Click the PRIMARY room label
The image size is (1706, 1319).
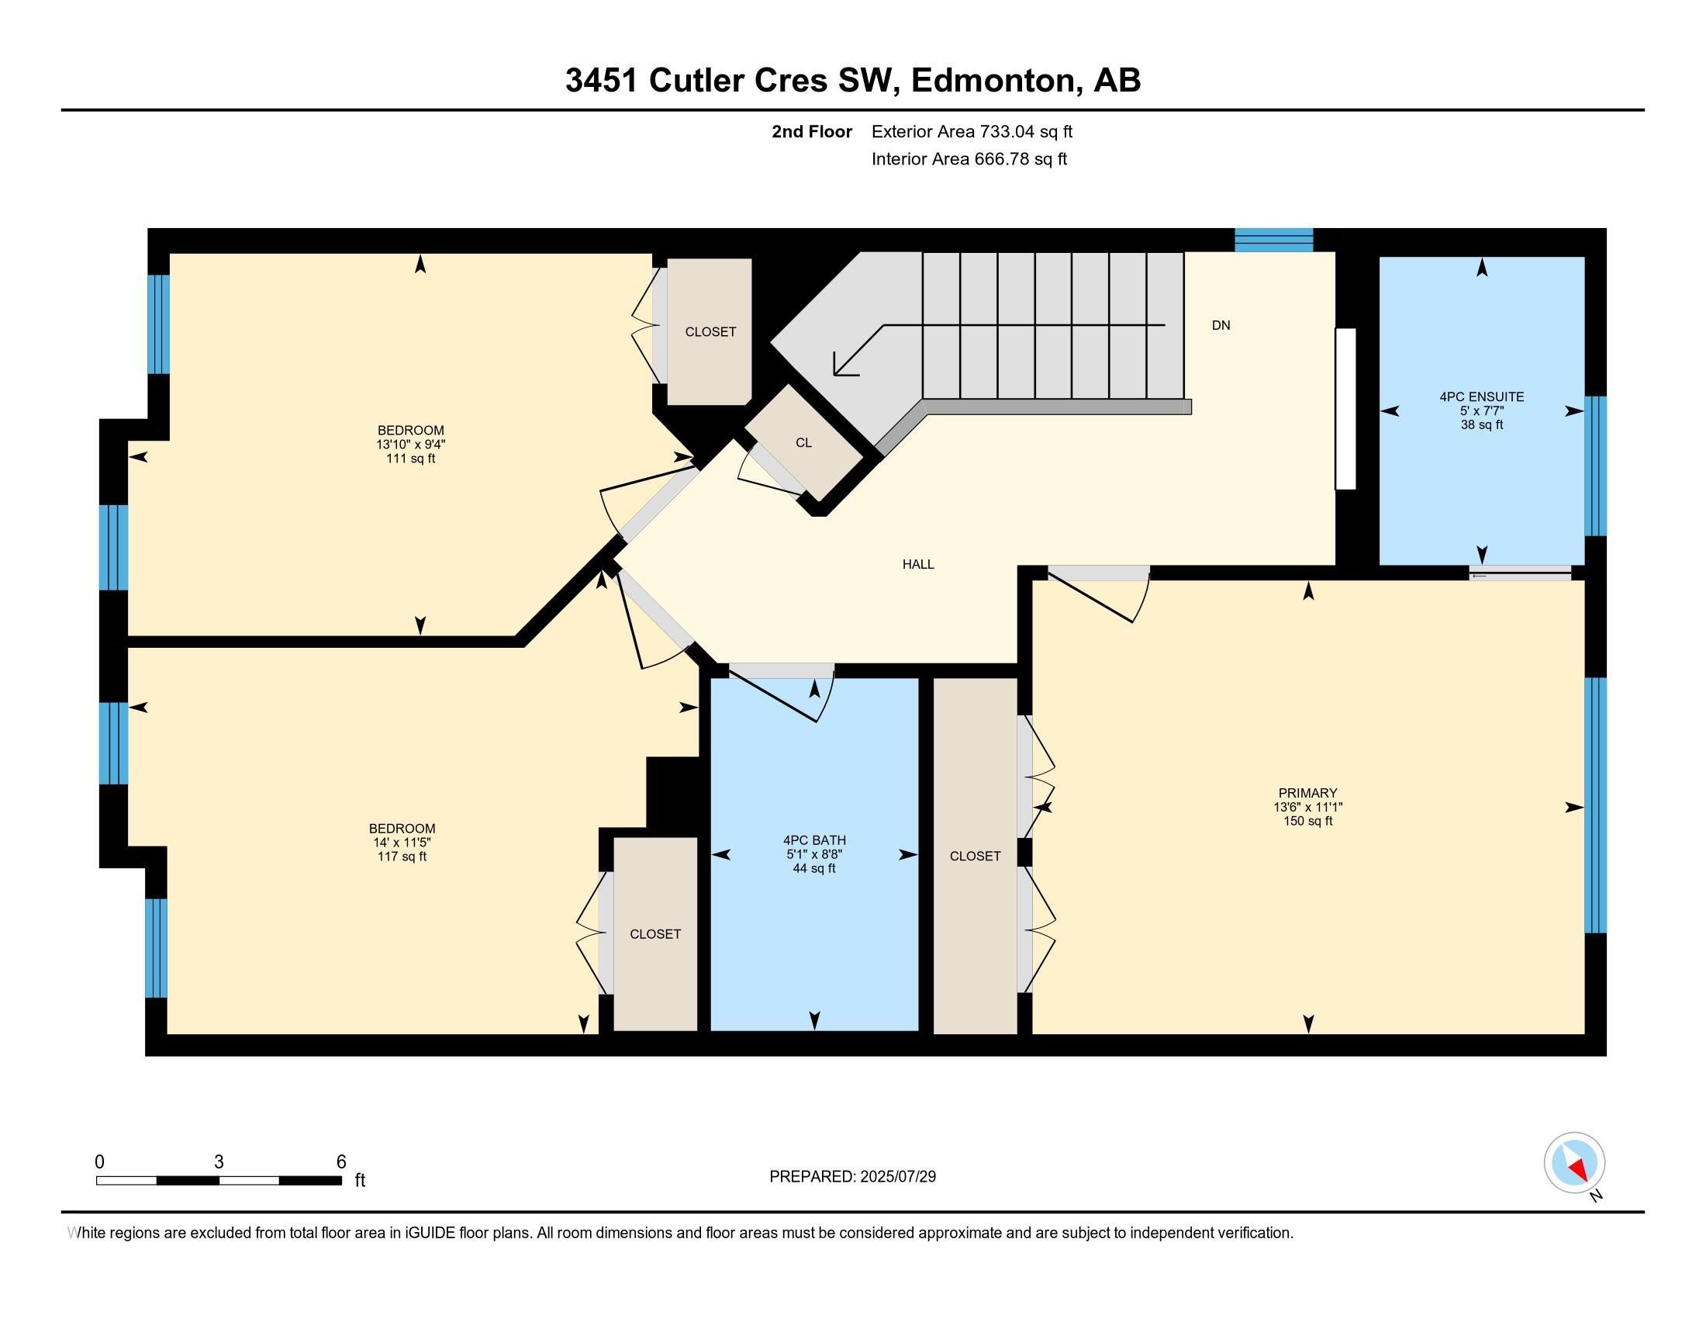(1307, 792)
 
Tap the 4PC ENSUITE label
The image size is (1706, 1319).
(1482, 397)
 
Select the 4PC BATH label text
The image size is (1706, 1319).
(814, 840)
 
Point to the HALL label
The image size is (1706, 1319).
(919, 564)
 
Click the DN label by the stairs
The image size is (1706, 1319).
(1221, 325)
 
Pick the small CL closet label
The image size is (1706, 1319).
(804, 442)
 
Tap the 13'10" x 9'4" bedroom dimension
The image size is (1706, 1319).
(411, 444)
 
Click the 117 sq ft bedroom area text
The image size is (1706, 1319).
(402, 857)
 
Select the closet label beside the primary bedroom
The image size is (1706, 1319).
(975, 856)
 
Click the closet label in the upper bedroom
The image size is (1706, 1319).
(711, 331)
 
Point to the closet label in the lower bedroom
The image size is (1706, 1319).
(655, 933)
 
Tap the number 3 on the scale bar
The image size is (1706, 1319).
(219, 1162)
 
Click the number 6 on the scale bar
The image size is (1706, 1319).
(341, 1162)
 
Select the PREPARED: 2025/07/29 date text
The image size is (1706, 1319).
(852, 1176)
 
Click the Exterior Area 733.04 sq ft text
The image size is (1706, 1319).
(972, 131)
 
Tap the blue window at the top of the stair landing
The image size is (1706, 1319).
(1273, 240)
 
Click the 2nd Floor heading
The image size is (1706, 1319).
(812, 131)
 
